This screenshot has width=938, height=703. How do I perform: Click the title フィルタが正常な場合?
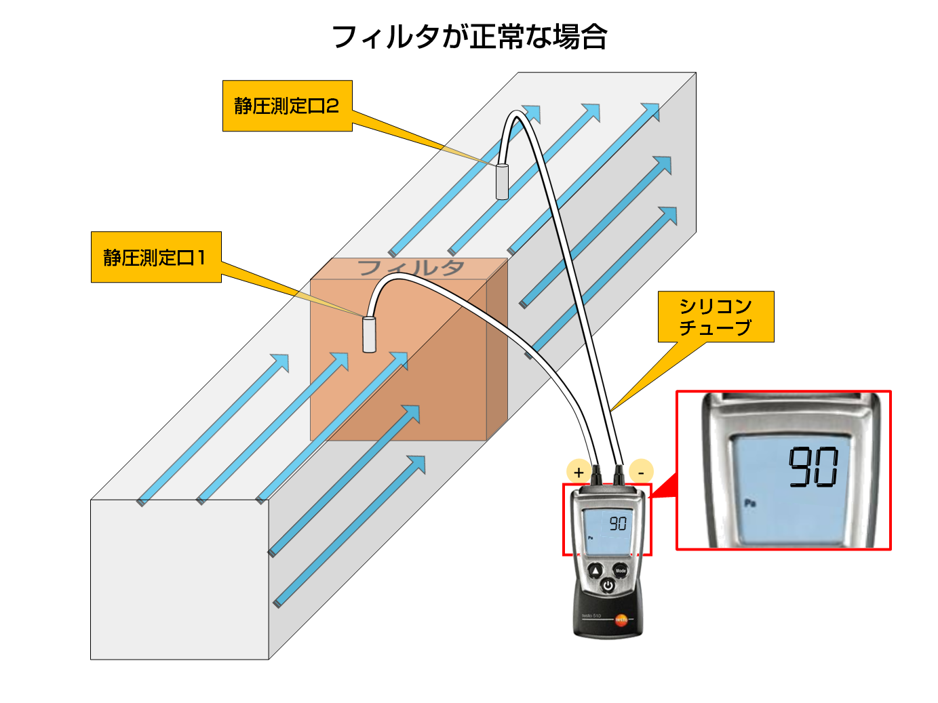[x=469, y=37]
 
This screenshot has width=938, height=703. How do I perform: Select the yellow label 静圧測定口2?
[x=287, y=106]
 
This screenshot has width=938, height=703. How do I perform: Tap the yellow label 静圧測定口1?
[x=155, y=258]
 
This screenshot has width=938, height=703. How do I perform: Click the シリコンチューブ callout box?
[x=716, y=317]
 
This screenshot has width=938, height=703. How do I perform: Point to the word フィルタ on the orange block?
[x=410, y=268]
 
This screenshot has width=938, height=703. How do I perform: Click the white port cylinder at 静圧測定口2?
[x=502, y=181]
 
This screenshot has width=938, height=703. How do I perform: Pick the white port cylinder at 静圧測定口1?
[x=369, y=334]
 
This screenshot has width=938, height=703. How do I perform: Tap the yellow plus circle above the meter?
[x=578, y=472]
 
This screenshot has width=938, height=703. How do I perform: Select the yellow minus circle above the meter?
[x=641, y=471]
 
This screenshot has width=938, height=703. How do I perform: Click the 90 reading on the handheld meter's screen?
[x=617, y=523]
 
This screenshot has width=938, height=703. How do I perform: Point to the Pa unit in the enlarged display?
[x=749, y=503]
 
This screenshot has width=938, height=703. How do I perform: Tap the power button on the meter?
[x=608, y=586]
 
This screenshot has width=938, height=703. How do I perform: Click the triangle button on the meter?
[x=595, y=571]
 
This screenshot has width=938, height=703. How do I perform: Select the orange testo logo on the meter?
[x=621, y=620]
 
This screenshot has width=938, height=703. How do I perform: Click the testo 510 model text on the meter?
[x=591, y=615]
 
